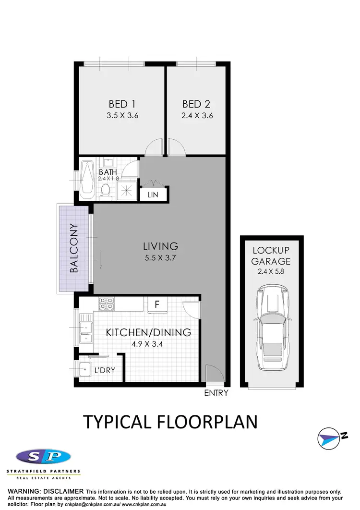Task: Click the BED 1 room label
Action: pyautogui.click(x=118, y=104)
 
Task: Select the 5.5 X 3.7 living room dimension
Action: pyautogui.click(x=160, y=258)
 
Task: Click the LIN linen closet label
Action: pyautogui.click(x=154, y=194)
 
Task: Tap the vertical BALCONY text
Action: pyautogui.click(x=74, y=248)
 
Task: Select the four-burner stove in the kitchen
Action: pyautogui.click(x=106, y=304)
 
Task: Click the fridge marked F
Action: pyautogui.click(x=156, y=304)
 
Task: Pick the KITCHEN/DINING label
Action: pyautogui.click(x=148, y=332)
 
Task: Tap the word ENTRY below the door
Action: pyautogui.click(x=216, y=393)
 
